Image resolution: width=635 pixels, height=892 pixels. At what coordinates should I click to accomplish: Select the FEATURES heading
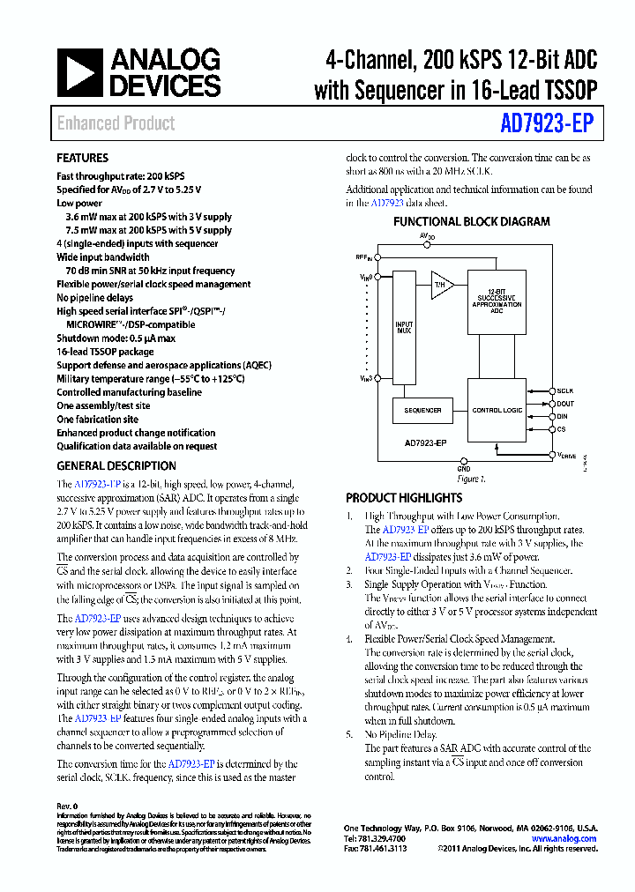[82, 159]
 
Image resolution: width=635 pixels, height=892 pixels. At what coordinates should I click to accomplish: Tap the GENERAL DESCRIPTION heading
[116, 465]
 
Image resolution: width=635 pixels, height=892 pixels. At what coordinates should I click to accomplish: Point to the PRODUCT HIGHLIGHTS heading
[404, 497]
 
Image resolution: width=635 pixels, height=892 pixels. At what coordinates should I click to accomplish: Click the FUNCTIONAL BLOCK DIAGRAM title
[471, 222]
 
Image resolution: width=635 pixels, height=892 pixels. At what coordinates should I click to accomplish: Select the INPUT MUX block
[404, 327]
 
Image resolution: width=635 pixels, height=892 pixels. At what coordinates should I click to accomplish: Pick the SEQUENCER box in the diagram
[422, 411]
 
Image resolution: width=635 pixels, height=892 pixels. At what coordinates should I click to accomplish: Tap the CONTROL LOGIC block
[497, 411]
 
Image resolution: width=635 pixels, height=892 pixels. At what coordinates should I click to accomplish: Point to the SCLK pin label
[565, 390]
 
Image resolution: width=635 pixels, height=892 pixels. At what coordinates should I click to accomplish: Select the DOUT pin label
[565, 403]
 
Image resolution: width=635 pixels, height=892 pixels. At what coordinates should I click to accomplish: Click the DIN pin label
[562, 416]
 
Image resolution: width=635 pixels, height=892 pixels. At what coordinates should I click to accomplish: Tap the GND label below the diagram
[464, 469]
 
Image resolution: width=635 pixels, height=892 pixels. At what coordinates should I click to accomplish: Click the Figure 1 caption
[472, 479]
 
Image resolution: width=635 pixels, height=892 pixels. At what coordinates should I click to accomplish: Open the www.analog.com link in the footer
[566, 838]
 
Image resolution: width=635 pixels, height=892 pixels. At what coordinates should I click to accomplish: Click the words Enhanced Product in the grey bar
[116, 123]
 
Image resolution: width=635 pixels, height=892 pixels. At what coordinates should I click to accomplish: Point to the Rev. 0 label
[68, 807]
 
